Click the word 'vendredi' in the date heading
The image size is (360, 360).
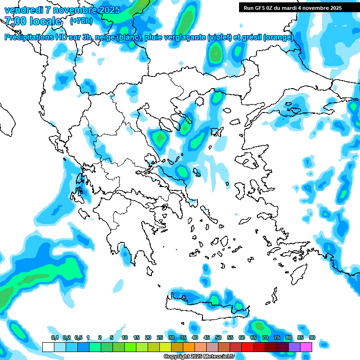pos(23,10)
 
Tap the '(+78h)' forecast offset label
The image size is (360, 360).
pos(81,21)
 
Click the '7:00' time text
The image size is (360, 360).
pos(15,21)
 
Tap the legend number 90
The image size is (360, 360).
pos(312,337)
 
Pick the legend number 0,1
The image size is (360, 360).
pos(54,337)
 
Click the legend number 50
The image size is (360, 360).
pos(218,337)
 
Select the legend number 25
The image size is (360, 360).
pos(160,337)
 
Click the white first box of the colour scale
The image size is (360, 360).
pos(48,347)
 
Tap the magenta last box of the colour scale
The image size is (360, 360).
pos(306,347)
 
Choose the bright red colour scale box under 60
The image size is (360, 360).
pos(247,347)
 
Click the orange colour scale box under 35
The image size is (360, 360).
pos(189,347)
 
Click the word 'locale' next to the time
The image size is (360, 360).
pos(45,21)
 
